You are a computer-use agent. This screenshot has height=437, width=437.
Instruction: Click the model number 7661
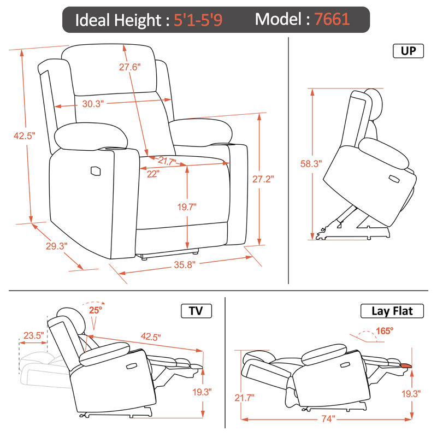coord(332,19)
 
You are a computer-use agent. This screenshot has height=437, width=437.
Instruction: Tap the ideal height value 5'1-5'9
coord(198,20)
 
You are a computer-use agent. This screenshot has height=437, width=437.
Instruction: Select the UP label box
coord(408,51)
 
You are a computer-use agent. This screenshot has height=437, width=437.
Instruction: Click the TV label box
coord(196,311)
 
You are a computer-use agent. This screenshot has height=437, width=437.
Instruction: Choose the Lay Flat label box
coord(392,311)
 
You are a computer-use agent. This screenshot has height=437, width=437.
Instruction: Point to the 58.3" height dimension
coord(311,163)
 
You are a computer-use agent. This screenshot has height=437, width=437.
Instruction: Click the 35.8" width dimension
coord(185,264)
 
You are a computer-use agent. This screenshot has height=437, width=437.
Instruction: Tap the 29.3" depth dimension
coord(57,246)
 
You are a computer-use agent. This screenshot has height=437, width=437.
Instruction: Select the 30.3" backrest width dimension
coord(93,104)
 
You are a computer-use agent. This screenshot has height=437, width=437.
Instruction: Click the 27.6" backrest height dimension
coord(130,67)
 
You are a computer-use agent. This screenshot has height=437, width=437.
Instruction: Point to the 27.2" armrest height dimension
coord(263,179)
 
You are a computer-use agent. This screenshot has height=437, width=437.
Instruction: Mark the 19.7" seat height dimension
coord(187,207)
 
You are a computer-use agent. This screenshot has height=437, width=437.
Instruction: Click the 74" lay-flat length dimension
coord(328,418)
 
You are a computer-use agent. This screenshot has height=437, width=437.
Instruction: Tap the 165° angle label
coord(385,331)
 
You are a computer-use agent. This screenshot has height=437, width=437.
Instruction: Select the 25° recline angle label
coord(96,310)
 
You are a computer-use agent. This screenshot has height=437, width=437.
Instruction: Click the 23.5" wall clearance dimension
coord(34,335)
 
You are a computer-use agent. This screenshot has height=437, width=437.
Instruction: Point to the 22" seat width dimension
coord(153,174)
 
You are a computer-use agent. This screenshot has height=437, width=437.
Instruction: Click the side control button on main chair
coord(95,171)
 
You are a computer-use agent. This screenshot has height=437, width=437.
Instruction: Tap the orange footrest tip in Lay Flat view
coord(406,365)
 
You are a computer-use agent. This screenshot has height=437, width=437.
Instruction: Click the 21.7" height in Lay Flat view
coord(244,398)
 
